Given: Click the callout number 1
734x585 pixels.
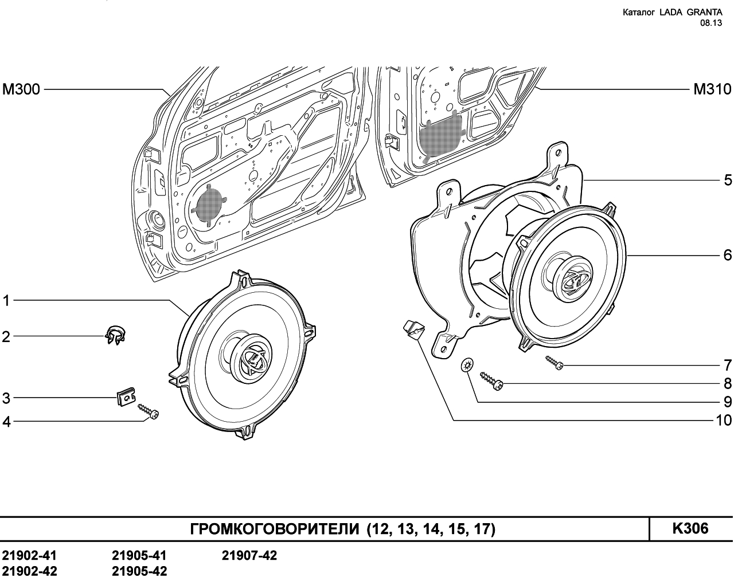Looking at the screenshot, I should (x=6, y=300).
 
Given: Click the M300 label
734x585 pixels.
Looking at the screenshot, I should (x=21, y=89).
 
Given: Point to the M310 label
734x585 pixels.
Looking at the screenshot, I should (x=712, y=89).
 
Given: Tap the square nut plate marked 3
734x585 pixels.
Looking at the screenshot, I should (x=125, y=397).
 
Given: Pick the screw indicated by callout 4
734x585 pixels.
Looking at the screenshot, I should (x=149, y=411).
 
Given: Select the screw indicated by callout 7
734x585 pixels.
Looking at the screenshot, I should (x=555, y=363).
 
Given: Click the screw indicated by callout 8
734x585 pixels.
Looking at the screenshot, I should (x=491, y=382).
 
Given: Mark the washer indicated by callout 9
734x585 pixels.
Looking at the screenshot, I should (x=467, y=365).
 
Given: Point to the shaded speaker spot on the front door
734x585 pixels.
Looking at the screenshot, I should (x=209, y=204).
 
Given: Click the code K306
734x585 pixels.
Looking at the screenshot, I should (x=690, y=528).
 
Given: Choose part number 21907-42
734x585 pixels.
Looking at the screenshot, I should (x=249, y=556).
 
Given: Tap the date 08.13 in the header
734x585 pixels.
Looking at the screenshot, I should (x=710, y=23).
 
